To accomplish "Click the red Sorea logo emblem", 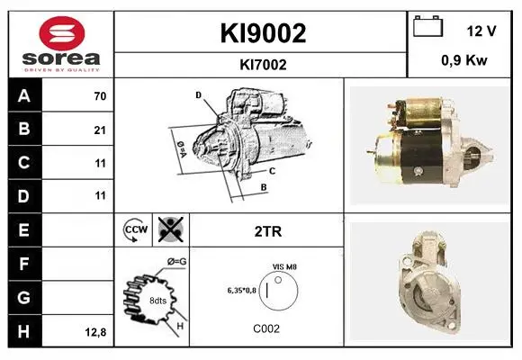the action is click(62, 33).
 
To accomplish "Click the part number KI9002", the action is click(263, 33).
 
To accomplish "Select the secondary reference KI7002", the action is click(263, 65).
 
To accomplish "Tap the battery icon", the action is click(427, 26).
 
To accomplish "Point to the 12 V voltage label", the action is click(481, 31).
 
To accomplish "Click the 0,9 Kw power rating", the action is click(464, 60).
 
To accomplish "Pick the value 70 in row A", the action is click(100, 96).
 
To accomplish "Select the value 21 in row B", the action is click(100, 130).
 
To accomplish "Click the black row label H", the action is click(24, 331).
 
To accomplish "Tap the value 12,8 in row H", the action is click(95, 332).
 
